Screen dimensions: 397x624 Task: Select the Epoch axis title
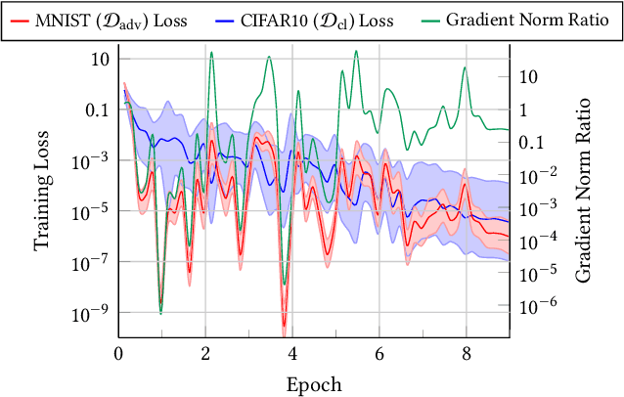pyautogui.click(x=314, y=384)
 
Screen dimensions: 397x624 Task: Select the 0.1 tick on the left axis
pyautogui.click(x=96, y=110)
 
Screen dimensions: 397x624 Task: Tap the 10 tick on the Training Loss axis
pyautogui.click(x=99, y=59)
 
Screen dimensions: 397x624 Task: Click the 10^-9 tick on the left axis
pyautogui.click(x=89, y=313)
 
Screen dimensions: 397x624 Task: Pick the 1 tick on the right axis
pyautogui.click(x=522, y=110)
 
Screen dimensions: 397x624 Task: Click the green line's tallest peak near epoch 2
pyautogui.click(x=211, y=53)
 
